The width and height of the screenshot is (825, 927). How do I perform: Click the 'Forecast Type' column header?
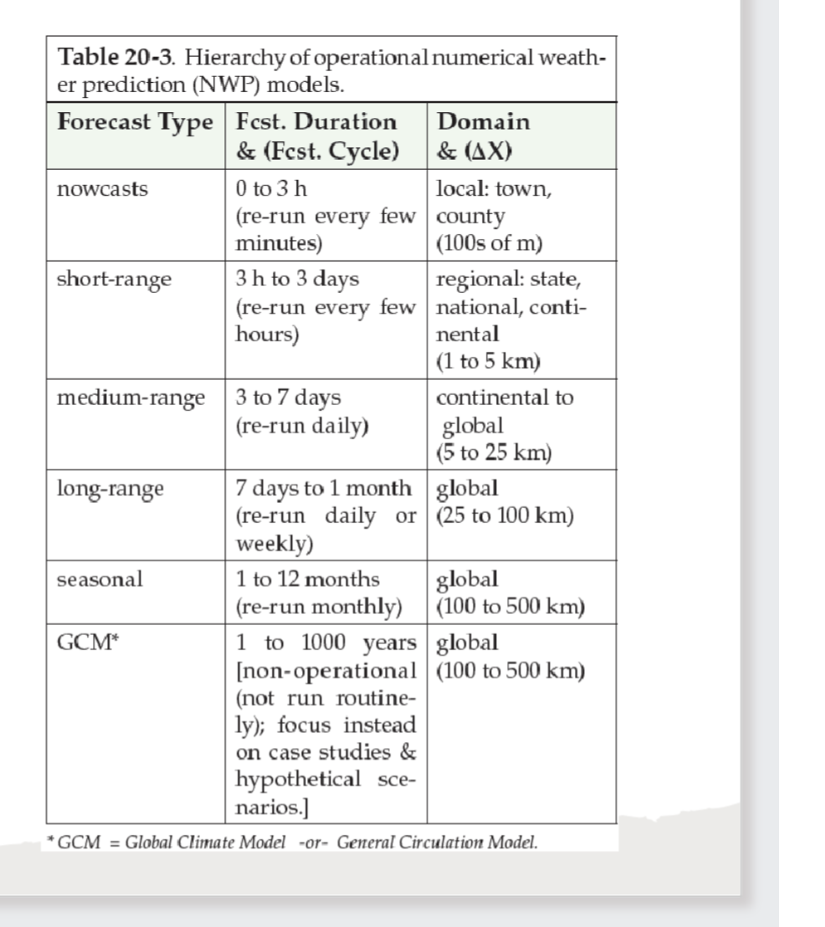[134, 122]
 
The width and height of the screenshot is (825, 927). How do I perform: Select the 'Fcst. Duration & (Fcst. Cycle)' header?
[315, 136]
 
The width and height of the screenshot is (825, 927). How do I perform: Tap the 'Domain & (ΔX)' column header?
[483, 136]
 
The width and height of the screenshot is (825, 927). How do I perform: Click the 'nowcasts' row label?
[102, 189]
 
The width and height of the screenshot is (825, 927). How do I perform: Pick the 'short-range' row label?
[114, 279]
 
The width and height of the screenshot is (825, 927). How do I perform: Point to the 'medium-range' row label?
[131, 397]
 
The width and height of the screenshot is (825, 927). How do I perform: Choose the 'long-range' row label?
[110, 489]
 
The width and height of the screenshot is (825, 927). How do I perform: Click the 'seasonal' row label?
[100, 579]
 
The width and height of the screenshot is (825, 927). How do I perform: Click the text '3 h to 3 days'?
[298, 279]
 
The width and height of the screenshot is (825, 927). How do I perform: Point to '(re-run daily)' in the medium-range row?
[302, 425]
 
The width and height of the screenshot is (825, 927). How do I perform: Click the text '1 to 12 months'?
[307, 579]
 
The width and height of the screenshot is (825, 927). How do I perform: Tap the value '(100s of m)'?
[489, 243]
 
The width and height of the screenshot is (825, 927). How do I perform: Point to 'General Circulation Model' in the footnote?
[437, 842]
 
